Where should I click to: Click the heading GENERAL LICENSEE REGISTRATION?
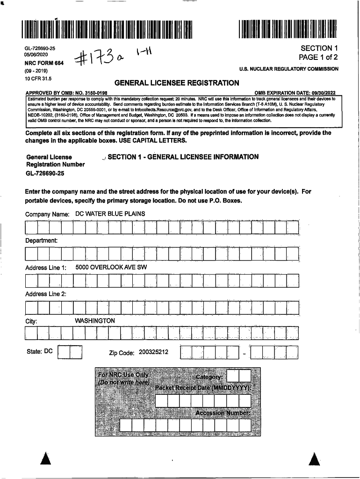[x=177, y=83]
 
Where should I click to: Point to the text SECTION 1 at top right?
[x=319, y=48]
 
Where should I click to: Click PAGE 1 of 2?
[x=318, y=58]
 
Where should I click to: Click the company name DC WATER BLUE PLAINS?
[x=110, y=214]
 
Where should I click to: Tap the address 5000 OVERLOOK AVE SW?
[x=111, y=267]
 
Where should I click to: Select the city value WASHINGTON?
[x=95, y=321]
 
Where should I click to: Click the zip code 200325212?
[x=153, y=352]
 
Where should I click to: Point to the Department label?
[x=42, y=240]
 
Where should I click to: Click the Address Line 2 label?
[x=46, y=294]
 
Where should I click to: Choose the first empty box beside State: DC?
[x=64, y=352]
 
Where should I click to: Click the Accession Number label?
[x=223, y=413]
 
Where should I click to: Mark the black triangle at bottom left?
[x=45, y=460]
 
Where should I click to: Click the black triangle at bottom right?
[x=315, y=460]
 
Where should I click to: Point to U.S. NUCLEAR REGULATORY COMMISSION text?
[x=288, y=69]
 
